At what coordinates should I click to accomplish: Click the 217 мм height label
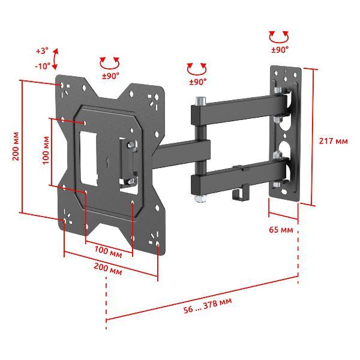pos(333,141)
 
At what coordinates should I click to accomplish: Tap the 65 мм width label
pos(281,230)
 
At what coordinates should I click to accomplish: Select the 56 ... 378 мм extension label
pos(208,306)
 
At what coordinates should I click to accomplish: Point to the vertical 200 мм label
pos(16,146)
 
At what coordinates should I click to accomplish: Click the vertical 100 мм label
pos(46,150)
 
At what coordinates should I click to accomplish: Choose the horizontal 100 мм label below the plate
pos(108,251)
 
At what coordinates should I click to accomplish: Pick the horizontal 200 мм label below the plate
pos(107,269)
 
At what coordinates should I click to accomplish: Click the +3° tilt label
pos(43,51)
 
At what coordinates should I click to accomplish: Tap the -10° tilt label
pos(43,66)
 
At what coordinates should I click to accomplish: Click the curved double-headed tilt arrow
pos(55,59)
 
